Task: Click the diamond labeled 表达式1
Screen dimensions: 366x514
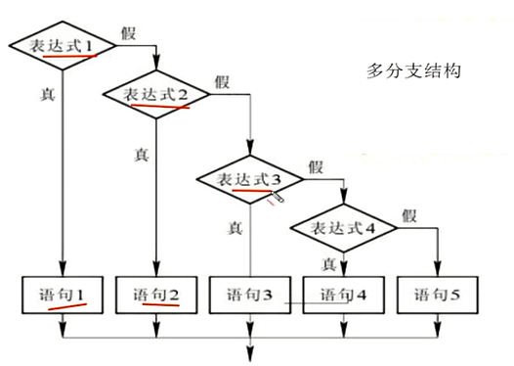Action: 61,46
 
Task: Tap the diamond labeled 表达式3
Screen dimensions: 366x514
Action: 247,180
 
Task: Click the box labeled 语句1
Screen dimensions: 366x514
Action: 63,294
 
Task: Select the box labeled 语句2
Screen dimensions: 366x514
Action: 156,294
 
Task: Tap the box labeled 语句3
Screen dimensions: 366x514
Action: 248,294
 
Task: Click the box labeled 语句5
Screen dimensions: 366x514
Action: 436,294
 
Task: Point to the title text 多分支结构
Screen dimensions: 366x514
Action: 413,71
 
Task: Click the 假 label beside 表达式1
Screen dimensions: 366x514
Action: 129,31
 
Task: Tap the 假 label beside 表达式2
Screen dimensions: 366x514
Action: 222,80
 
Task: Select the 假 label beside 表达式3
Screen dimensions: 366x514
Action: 316,165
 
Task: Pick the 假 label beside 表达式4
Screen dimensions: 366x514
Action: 408,215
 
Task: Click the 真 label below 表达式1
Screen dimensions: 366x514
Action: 47,95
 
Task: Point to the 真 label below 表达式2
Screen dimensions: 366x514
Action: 139,154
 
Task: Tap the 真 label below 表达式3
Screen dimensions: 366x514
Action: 235,228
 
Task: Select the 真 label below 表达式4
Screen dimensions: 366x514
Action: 329,263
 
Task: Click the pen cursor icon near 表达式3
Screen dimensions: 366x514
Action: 278,198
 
